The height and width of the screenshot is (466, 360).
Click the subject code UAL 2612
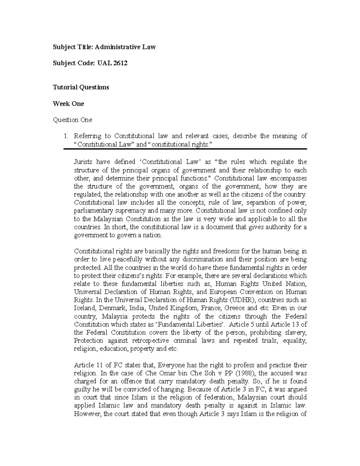coord(112,63)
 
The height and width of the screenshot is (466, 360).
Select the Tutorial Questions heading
coord(81,87)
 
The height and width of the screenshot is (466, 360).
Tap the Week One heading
coord(68,104)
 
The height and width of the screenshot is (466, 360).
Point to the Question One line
coord(72,120)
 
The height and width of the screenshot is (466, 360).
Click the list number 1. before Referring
coord(66,136)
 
